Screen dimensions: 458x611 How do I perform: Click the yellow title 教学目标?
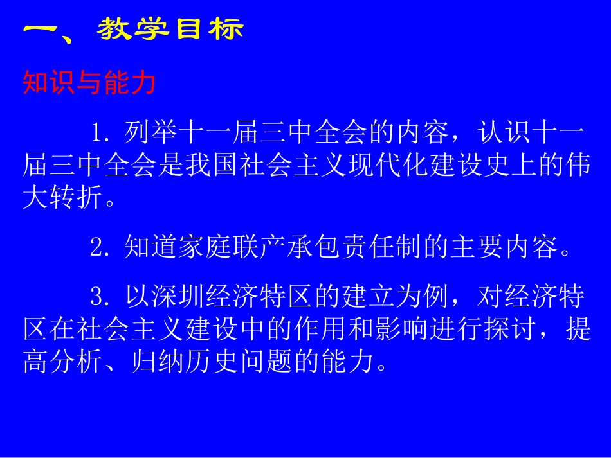[171, 29]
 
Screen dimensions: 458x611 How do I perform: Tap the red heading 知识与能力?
[89, 84]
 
